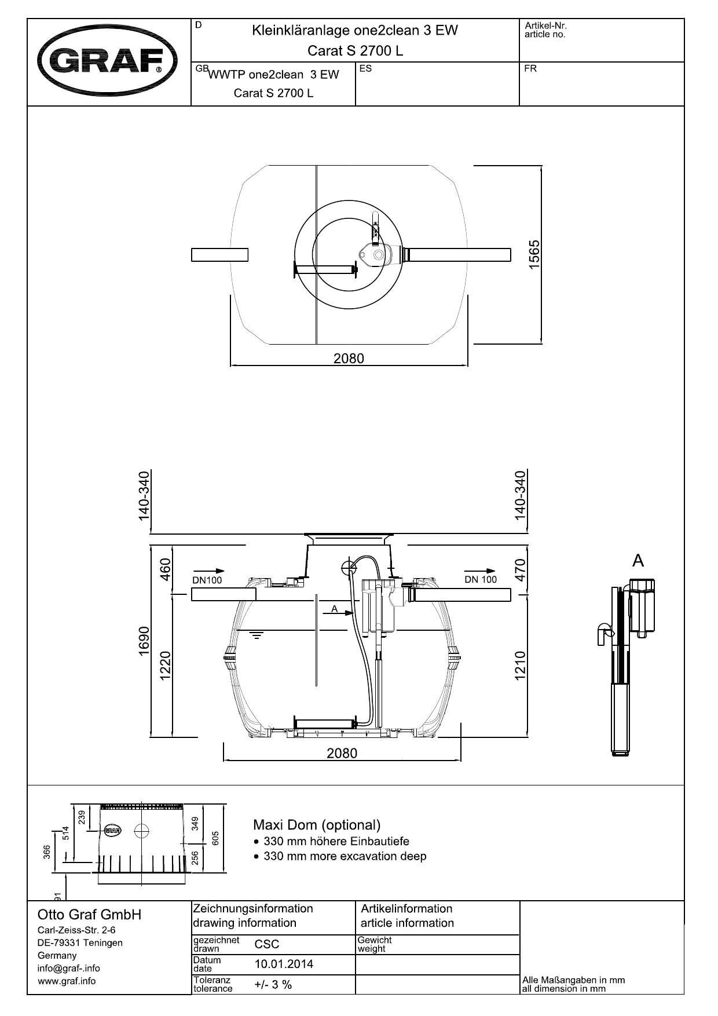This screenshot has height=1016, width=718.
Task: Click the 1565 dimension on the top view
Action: [x=534, y=253]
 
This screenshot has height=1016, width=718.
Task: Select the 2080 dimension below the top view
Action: [x=349, y=359]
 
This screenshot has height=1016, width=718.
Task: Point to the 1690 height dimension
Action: [x=144, y=640]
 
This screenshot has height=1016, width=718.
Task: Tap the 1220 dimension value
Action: [x=165, y=666]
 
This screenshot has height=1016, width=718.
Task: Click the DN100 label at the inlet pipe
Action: [x=207, y=580]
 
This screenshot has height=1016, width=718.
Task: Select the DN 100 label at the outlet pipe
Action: [x=481, y=579]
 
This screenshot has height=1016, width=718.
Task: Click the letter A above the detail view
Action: [x=638, y=561]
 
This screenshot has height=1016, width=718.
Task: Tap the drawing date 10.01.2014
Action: [x=284, y=964]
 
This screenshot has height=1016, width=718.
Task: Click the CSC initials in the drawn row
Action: [x=267, y=944]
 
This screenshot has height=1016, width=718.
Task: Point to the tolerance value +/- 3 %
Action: [x=273, y=984]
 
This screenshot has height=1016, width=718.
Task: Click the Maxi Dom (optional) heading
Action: [x=317, y=825]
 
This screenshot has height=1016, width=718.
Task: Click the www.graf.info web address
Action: [x=67, y=981]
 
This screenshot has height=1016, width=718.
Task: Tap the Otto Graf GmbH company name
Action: [x=89, y=915]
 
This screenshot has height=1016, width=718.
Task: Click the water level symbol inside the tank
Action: [x=255, y=636]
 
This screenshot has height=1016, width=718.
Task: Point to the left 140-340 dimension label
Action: [x=144, y=496]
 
